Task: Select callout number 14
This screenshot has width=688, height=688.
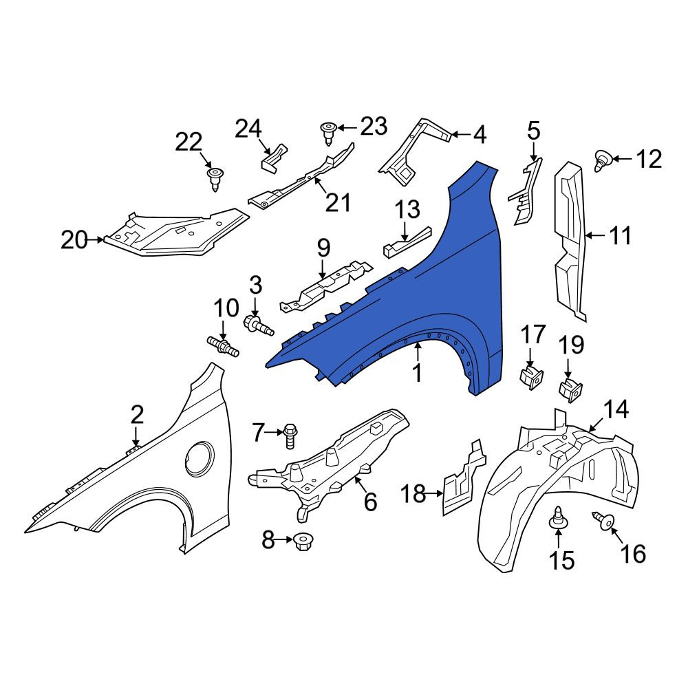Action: point(616,409)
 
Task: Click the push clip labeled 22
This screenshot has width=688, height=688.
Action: point(215,180)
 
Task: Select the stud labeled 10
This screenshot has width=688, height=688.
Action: point(223,345)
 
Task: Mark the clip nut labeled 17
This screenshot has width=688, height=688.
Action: point(531,378)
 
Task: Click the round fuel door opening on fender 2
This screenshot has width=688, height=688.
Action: point(200,460)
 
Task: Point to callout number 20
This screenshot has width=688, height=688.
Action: point(74,240)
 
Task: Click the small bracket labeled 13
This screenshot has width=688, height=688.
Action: point(407,242)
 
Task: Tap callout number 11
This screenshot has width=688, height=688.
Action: point(620,236)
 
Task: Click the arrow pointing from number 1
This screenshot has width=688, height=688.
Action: point(418,352)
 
